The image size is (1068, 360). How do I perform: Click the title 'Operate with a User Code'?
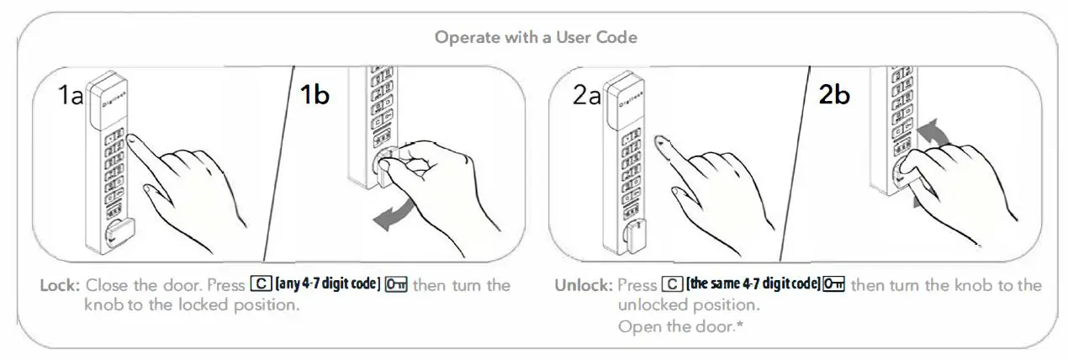tap(537, 38)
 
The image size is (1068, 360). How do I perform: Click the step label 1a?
tap(71, 96)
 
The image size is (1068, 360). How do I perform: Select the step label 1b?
tap(315, 95)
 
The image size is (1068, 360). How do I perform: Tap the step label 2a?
tap(587, 96)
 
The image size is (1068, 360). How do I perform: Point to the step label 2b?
tap(834, 95)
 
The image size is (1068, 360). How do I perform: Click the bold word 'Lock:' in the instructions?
tap(61, 285)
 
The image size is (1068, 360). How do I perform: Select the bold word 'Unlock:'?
tap(582, 285)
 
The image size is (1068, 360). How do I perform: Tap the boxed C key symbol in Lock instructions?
tap(260, 285)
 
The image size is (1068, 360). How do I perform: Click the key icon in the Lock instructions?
tap(396, 285)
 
